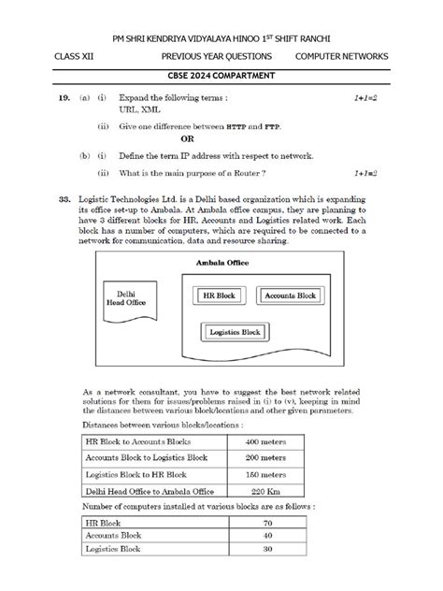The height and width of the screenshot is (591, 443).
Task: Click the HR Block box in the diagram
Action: pos(220,295)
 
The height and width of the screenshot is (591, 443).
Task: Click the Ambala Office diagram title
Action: pos(222,264)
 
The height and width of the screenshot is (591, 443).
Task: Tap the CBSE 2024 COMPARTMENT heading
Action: pos(221,77)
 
